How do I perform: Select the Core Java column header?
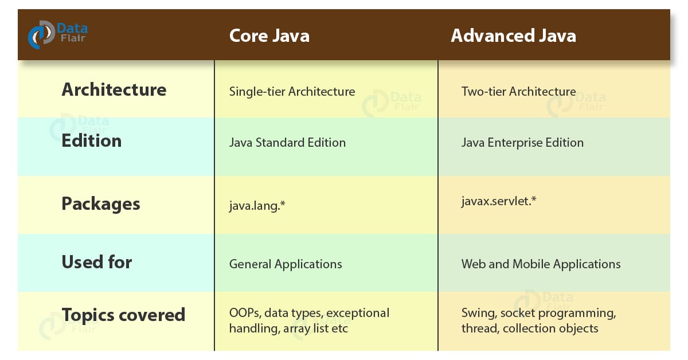[x=269, y=36]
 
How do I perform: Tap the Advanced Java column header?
[x=513, y=36]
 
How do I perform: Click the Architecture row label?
[x=114, y=90]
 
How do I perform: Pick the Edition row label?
[x=92, y=141]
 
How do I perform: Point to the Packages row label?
[x=101, y=204]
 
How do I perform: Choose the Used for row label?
[x=97, y=262]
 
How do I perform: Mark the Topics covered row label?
[x=123, y=315]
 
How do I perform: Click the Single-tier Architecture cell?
[x=292, y=92]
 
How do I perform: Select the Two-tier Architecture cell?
[x=518, y=92]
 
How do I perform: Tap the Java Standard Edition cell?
[x=287, y=143]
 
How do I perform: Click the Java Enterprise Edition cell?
[x=522, y=143]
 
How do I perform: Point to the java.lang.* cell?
[x=257, y=204]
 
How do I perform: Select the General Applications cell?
[x=286, y=264]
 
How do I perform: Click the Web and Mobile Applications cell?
[x=541, y=264]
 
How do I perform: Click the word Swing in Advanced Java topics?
[x=478, y=314]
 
